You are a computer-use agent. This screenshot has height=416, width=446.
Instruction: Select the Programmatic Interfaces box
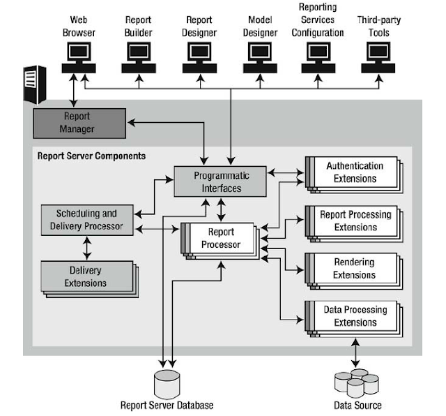[x=220, y=181]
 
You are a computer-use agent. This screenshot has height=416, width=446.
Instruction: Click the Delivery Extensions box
[x=87, y=276]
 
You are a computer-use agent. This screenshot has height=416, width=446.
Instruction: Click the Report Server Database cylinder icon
[x=167, y=382]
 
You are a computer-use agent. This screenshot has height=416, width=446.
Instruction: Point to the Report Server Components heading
[x=91, y=156]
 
